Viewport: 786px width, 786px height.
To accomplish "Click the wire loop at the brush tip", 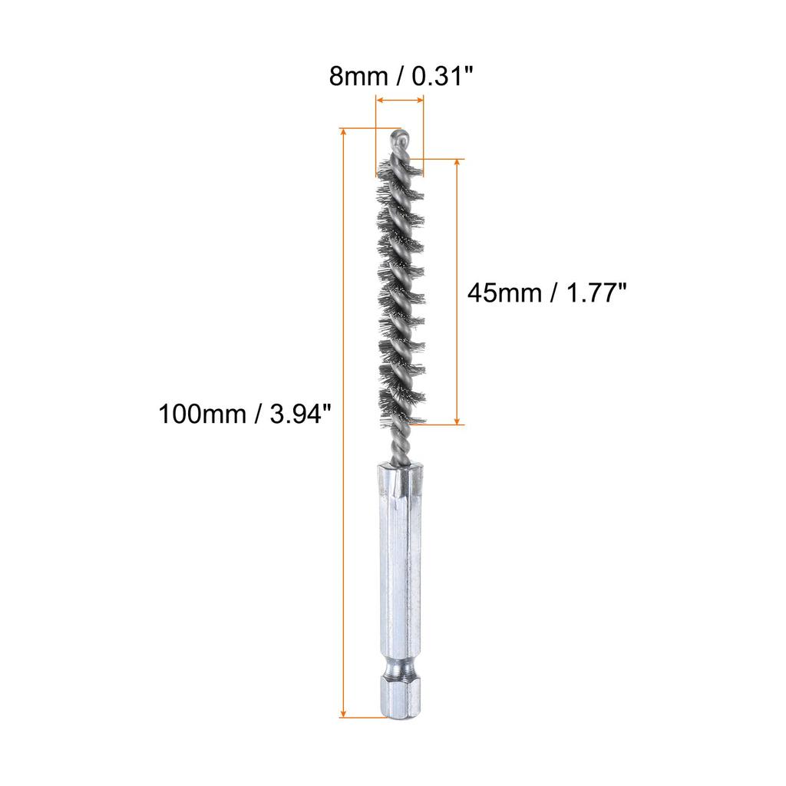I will (400, 140).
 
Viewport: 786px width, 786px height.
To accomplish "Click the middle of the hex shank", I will (399, 568).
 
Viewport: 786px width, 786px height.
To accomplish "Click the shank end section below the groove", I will (399, 695).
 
